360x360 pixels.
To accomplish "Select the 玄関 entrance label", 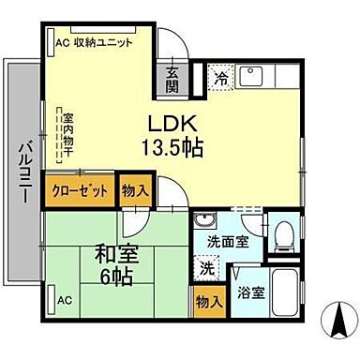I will [x=172, y=80].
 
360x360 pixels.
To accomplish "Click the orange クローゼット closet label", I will [x=81, y=190].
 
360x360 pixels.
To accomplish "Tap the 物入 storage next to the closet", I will [x=135, y=190].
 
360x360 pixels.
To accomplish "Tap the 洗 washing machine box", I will [x=207, y=268].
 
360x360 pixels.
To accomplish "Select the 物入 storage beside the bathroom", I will [x=209, y=302].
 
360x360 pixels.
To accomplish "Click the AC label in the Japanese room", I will [x=63, y=301].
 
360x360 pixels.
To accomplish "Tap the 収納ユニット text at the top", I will [x=101, y=43].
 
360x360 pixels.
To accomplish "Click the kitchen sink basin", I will [x=252, y=77].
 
